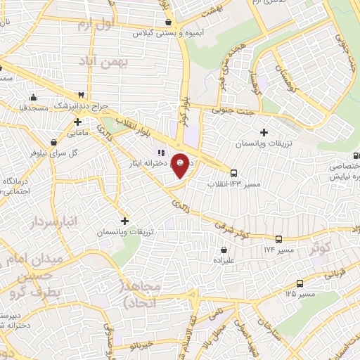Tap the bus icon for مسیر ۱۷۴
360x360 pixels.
279,239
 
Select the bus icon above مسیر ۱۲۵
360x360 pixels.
300,283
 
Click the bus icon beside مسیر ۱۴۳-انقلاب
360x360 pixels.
233,172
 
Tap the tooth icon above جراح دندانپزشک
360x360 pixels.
82,95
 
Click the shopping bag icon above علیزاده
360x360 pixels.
224,249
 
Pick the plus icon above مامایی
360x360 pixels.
78,122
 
